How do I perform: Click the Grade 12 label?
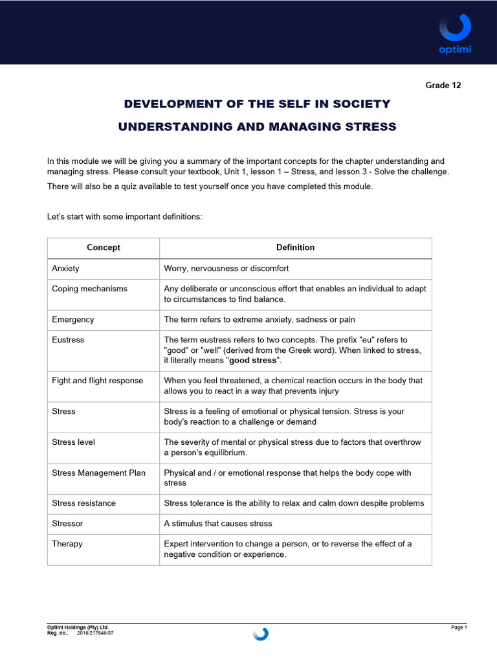443,85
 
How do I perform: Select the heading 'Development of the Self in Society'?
257,104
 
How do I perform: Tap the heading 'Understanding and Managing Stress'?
257,127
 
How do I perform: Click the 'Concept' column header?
104,247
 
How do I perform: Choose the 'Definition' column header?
295,247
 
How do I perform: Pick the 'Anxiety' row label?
65,268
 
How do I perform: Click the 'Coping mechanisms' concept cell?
89,289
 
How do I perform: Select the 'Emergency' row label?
72,319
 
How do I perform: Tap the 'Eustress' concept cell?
68,339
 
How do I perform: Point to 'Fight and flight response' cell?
97,380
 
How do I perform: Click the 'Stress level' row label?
72,442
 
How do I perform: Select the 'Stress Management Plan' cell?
98,473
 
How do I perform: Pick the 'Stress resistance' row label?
83,503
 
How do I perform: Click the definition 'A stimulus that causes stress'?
218,523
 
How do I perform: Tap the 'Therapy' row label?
67,544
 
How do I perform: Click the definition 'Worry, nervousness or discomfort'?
226,268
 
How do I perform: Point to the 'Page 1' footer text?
458,627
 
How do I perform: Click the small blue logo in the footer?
261,634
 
